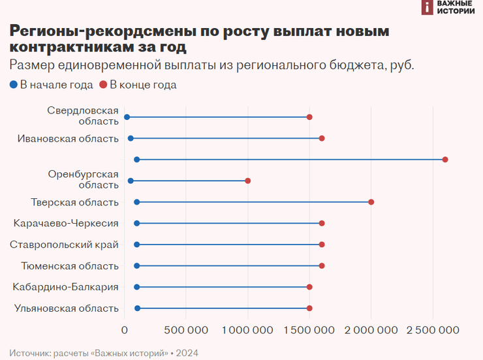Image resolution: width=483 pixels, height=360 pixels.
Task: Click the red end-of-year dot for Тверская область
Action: point(371,202)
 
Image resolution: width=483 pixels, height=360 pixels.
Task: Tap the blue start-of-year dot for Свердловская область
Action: point(127,117)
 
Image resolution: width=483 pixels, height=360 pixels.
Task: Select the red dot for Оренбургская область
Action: point(248,181)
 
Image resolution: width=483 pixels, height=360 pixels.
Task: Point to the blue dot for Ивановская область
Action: point(131,138)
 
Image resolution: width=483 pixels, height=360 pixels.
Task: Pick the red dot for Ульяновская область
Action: point(309,308)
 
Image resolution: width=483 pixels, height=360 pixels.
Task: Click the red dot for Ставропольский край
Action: point(322,245)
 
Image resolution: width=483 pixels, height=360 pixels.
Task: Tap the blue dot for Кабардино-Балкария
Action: point(136,287)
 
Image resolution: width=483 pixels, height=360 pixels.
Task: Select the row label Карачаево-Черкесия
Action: point(66,223)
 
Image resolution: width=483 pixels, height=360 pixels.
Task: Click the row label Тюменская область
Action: point(70,265)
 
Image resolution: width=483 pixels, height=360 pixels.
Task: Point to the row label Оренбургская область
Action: point(84,179)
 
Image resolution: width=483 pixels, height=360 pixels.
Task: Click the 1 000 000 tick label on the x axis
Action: point(248,329)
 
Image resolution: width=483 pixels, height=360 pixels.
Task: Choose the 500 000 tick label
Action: point(185,329)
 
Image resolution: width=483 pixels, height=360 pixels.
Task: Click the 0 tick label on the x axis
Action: point(125,329)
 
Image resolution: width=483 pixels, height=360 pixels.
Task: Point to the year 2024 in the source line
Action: point(187,353)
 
